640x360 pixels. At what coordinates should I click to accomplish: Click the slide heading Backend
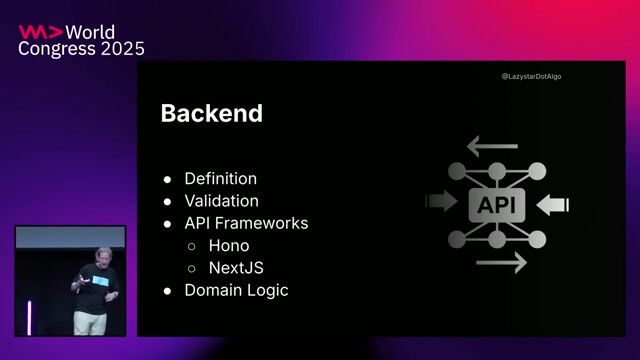[x=211, y=114]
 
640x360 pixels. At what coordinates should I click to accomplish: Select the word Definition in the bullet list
[x=220, y=179]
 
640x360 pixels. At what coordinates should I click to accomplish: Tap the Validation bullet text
[x=221, y=201]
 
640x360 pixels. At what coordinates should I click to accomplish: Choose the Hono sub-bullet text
[x=229, y=245]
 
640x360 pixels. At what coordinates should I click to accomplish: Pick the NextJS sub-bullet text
[x=236, y=268]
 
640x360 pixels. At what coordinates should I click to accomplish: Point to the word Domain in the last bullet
[x=214, y=290]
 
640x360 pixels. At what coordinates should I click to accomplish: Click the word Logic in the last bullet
[x=268, y=290]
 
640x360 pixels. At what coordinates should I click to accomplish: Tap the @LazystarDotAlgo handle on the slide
[x=531, y=76]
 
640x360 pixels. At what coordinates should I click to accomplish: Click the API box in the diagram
[x=497, y=204]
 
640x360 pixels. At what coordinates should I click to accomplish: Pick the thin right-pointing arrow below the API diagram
[x=501, y=263]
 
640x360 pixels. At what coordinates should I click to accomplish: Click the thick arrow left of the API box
[x=440, y=203]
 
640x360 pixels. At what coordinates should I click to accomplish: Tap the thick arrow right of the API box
[x=553, y=204]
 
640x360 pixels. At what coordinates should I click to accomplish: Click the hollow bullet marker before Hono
[x=192, y=246]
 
